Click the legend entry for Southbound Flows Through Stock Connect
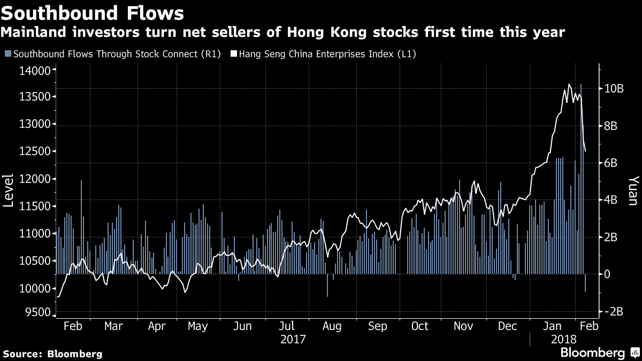click(113, 54)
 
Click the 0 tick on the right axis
click(607, 274)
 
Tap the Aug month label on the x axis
click(332, 326)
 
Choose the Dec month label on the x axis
click(506, 326)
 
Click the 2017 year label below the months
click(292, 340)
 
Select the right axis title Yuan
click(633, 190)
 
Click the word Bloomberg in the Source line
click(75, 354)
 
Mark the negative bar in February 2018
click(585, 283)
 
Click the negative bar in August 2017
click(327, 285)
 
